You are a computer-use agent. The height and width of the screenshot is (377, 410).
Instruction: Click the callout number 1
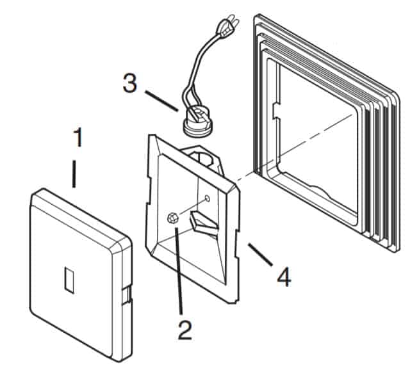(78, 137)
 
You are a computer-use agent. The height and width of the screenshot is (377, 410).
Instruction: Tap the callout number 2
(185, 330)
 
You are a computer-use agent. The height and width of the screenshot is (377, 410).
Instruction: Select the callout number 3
(130, 83)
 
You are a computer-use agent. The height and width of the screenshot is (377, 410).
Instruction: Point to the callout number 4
(284, 277)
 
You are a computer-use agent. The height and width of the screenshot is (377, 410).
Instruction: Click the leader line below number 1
(74, 174)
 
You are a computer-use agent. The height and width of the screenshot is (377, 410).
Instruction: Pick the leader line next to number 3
(161, 101)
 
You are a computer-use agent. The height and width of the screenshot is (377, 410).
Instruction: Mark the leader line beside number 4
(261, 255)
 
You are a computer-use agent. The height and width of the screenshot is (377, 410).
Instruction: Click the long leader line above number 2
(179, 270)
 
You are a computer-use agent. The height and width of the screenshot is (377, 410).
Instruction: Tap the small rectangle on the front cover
(69, 280)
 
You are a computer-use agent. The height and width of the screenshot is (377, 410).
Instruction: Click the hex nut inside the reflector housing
(172, 218)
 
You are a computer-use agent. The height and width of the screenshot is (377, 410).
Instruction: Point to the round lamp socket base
(197, 122)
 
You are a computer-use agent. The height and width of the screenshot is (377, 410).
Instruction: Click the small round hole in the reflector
(208, 198)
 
